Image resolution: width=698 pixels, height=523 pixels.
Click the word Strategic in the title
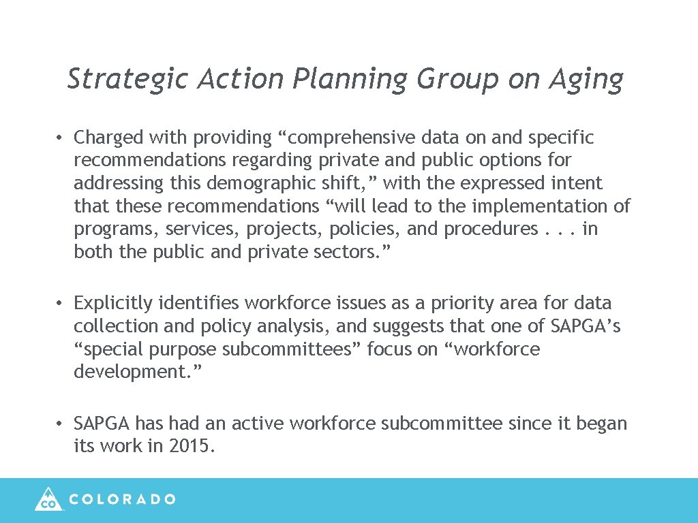127,80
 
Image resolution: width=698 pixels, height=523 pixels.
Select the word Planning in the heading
350,80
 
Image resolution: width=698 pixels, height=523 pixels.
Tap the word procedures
491,229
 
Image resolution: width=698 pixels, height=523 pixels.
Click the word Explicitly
112,303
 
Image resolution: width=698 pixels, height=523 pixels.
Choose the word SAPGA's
585,326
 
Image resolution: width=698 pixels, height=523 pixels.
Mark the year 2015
192,447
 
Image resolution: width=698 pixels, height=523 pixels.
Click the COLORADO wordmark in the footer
123,499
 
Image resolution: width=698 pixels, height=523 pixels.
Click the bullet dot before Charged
61,138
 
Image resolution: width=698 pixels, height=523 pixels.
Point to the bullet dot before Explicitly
61,304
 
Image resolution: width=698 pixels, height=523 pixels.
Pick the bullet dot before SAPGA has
61,424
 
